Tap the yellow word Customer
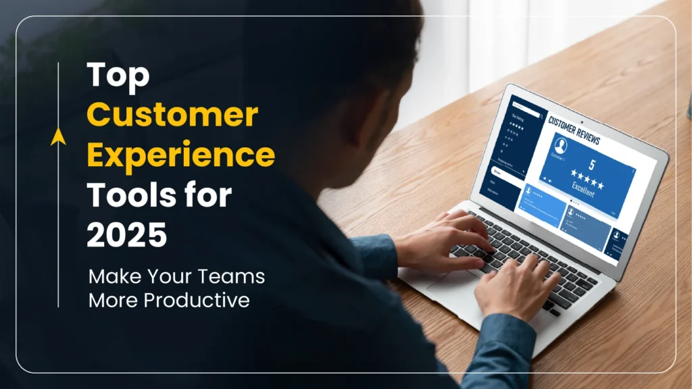172,116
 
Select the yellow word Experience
180,156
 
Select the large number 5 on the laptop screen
592,163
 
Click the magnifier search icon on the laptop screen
541,116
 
